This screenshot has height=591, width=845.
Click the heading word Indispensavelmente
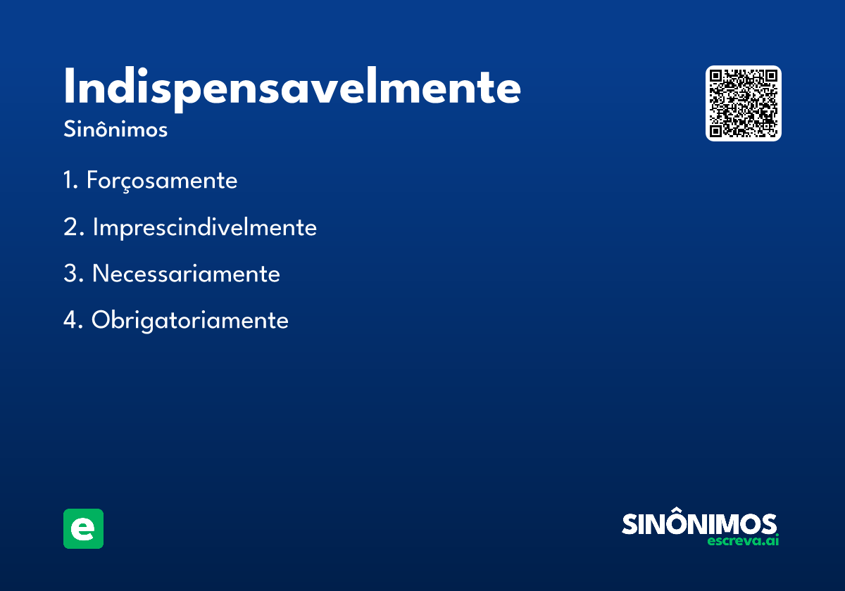tap(292, 89)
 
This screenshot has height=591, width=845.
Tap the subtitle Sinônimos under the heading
tap(115, 129)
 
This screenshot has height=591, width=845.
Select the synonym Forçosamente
tap(162, 181)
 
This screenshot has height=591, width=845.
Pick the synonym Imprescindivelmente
tap(205, 227)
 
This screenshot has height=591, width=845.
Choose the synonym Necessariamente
tap(186, 273)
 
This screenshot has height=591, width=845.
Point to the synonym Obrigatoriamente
tap(189, 320)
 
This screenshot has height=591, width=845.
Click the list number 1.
tap(70, 180)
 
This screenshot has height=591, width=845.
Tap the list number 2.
tap(73, 227)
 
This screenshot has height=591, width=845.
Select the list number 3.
tap(73, 273)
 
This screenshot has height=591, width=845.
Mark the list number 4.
tap(73, 319)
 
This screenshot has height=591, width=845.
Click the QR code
tap(743, 103)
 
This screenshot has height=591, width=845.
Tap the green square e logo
tap(83, 528)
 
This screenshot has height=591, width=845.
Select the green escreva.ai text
tap(743, 540)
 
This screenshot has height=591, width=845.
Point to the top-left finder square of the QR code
tap(715, 76)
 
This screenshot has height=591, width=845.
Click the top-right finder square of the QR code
tap(771, 76)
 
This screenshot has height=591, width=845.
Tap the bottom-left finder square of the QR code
tap(715, 131)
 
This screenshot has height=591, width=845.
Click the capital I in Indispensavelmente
tap(69, 86)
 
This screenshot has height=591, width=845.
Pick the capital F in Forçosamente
tap(93, 179)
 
